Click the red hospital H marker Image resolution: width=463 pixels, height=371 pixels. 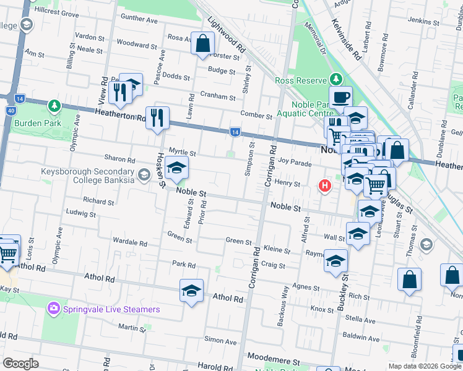[x=324, y=185]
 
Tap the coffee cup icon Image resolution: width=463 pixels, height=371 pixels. [x=340, y=97]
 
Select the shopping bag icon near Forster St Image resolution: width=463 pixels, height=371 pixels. [x=202, y=43]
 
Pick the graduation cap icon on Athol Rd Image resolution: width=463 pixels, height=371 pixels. [x=192, y=291]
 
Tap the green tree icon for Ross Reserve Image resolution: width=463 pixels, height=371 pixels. [x=335, y=79]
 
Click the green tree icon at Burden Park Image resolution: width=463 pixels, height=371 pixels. [x=54, y=106]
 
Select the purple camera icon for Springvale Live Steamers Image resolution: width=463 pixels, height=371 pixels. [x=54, y=308]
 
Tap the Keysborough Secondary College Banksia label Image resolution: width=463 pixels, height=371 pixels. [x=88, y=176]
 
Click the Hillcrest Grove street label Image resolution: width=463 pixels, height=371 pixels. [x=57, y=13]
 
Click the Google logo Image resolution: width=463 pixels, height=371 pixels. [x=21, y=363]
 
